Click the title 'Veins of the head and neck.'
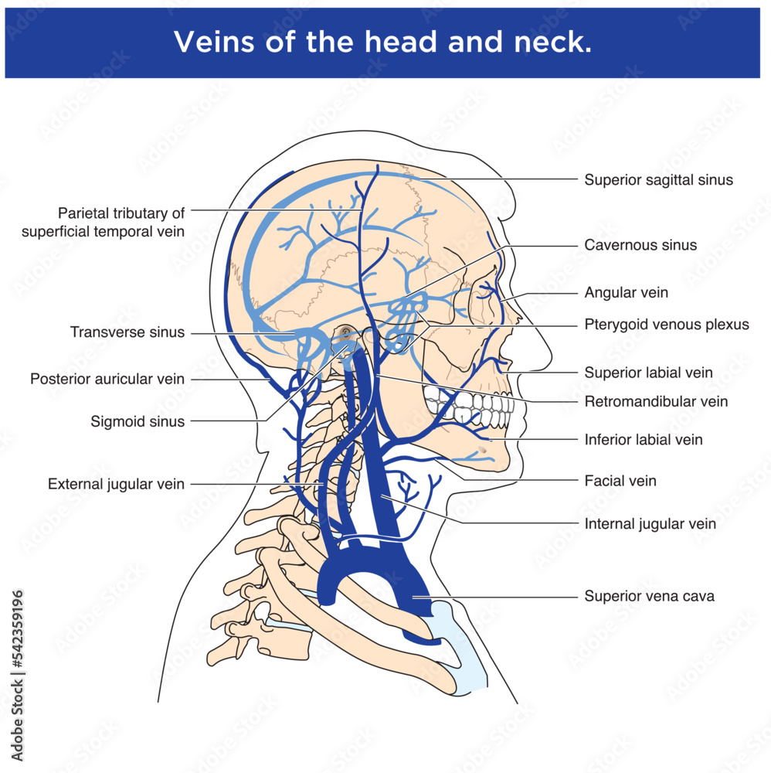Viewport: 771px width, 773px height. (x=382, y=43)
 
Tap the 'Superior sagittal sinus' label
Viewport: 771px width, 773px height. (x=658, y=180)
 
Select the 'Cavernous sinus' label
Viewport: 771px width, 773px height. (x=640, y=245)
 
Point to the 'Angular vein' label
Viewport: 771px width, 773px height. (x=626, y=293)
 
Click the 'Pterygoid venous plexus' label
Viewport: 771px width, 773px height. (x=666, y=325)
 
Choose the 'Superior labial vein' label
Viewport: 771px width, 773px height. (x=648, y=373)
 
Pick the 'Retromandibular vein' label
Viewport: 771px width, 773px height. (x=655, y=401)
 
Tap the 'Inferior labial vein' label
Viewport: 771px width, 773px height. (x=643, y=440)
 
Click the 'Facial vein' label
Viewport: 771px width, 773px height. (x=620, y=481)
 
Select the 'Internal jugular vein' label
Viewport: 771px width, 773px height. (x=650, y=524)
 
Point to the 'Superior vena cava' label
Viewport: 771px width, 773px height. (x=649, y=597)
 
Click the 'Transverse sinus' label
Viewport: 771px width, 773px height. (x=127, y=332)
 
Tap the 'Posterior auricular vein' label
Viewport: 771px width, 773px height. (x=107, y=379)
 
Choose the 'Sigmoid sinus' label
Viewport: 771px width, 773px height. (x=138, y=421)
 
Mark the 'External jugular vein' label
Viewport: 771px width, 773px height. (x=116, y=485)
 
